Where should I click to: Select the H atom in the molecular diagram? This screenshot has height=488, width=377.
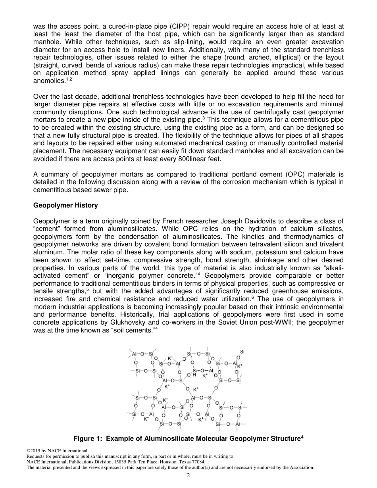(x=194, y=375)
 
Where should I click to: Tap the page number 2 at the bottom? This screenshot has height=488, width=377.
(x=188, y=475)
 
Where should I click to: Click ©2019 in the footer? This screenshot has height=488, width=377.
(x=34, y=451)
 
